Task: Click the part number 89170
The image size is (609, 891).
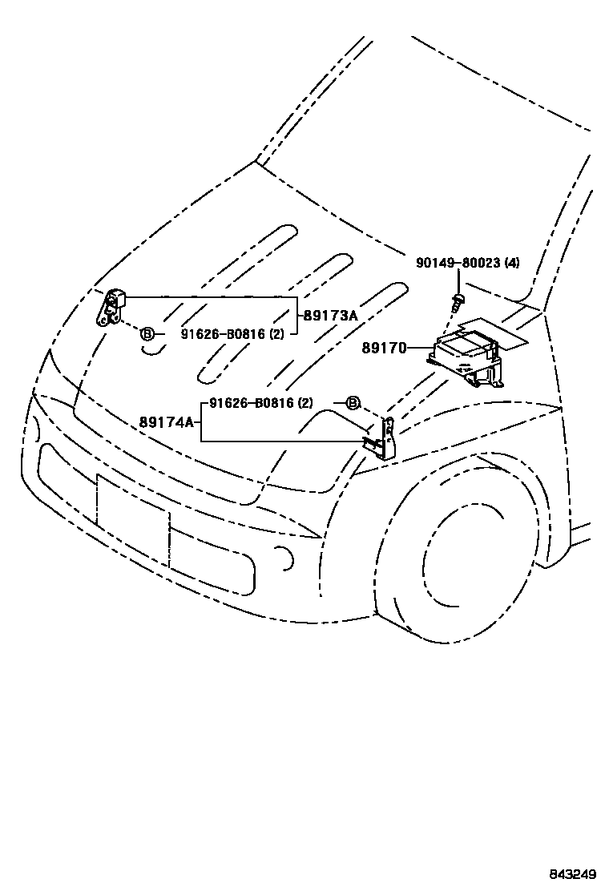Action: (x=385, y=349)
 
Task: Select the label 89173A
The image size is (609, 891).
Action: (x=329, y=316)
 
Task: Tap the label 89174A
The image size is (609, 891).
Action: (x=167, y=422)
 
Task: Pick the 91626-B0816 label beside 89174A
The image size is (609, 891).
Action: (x=250, y=403)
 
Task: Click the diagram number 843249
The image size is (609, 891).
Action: (x=573, y=873)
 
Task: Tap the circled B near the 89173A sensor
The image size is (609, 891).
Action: (x=147, y=333)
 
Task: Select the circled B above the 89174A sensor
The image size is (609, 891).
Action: (x=353, y=403)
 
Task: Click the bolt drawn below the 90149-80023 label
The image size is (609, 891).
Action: (x=458, y=302)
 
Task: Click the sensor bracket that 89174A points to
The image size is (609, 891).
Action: (x=385, y=439)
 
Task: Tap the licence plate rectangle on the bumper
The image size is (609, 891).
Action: (x=132, y=513)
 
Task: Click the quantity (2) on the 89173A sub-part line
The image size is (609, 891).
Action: (x=275, y=333)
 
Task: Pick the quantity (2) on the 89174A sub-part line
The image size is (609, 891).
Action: (x=305, y=403)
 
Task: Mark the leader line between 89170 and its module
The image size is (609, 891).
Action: (x=419, y=349)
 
